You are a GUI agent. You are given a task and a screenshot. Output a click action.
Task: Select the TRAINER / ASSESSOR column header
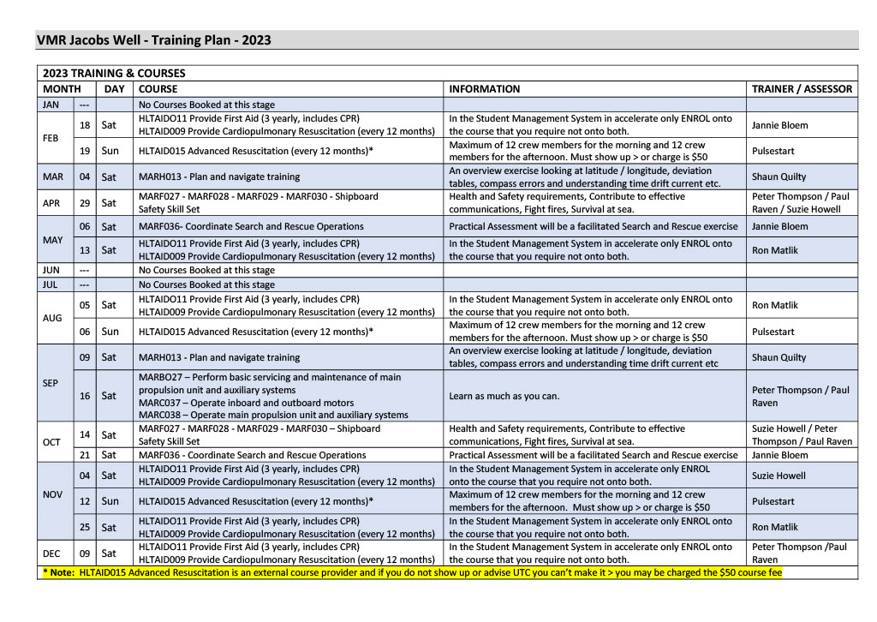[x=802, y=89]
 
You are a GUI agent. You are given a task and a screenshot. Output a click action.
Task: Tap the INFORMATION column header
[x=484, y=89]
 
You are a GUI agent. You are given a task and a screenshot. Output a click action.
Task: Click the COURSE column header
[x=158, y=89]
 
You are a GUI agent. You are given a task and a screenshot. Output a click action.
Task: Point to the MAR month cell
[x=53, y=177]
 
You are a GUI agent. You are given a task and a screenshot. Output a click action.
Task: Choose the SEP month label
[x=51, y=383]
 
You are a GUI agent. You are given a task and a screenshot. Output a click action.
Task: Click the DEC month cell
[x=51, y=553]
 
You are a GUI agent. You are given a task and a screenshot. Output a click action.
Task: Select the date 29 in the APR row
[x=85, y=203]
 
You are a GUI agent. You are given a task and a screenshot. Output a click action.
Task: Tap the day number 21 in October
[x=85, y=455]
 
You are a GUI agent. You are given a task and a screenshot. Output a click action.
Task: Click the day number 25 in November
[x=85, y=528]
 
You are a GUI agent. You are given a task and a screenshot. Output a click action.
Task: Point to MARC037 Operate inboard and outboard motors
[x=246, y=403]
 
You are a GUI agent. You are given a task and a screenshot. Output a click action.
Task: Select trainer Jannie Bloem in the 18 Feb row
[x=779, y=125]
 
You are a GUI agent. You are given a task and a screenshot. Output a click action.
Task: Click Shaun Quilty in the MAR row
[x=779, y=177]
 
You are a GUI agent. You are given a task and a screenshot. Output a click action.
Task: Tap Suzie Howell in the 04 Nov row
[x=779, y=475]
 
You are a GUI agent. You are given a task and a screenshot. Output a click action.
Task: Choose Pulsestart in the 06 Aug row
[x=773, y=332]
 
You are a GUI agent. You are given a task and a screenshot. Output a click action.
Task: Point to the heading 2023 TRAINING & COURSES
[x=114, y=74]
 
